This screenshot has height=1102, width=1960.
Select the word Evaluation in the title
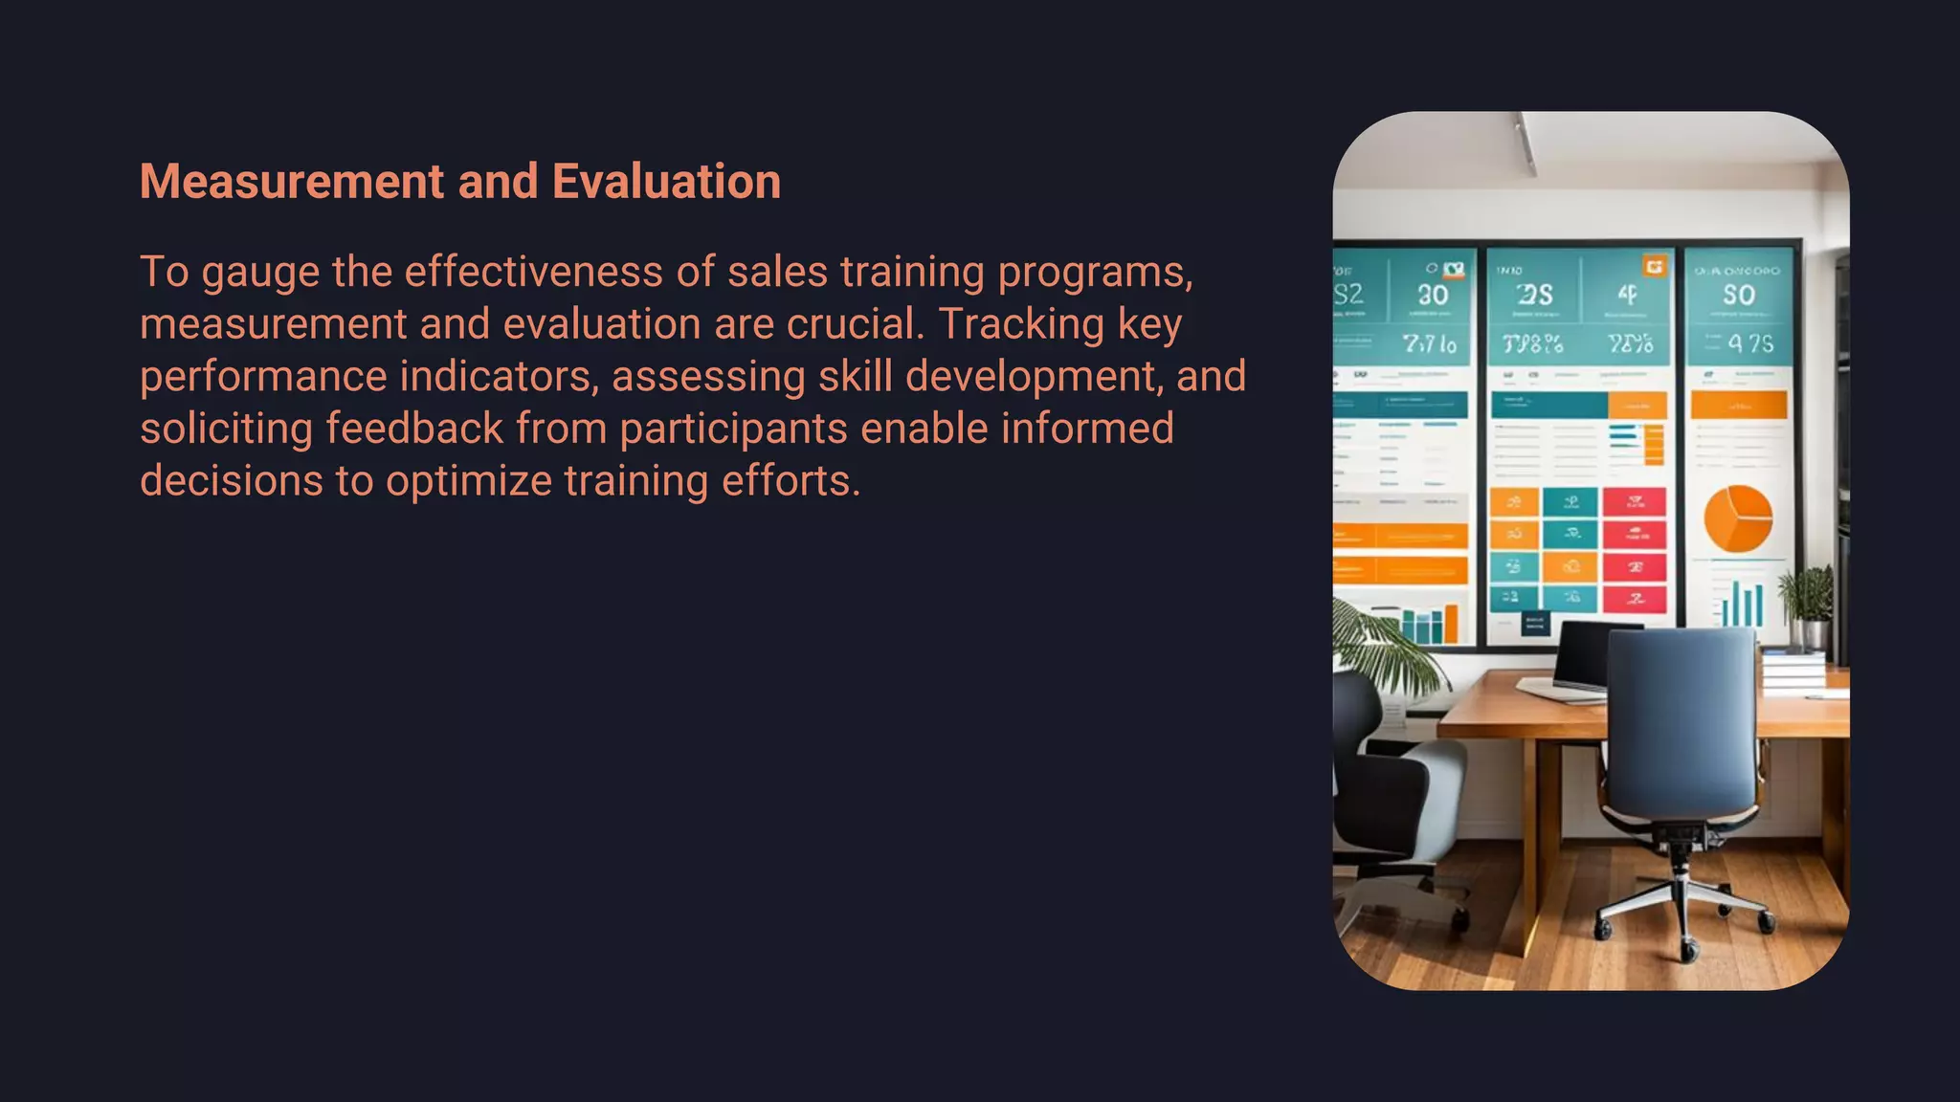[666, 182]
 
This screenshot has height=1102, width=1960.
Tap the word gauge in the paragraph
[260, 274]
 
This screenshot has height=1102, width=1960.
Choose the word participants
[733, 430]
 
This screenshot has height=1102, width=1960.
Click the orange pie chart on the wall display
[1738, 518]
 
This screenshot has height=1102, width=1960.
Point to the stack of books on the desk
[1793, 669]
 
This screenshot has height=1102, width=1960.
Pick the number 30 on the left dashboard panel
[1433, 296]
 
